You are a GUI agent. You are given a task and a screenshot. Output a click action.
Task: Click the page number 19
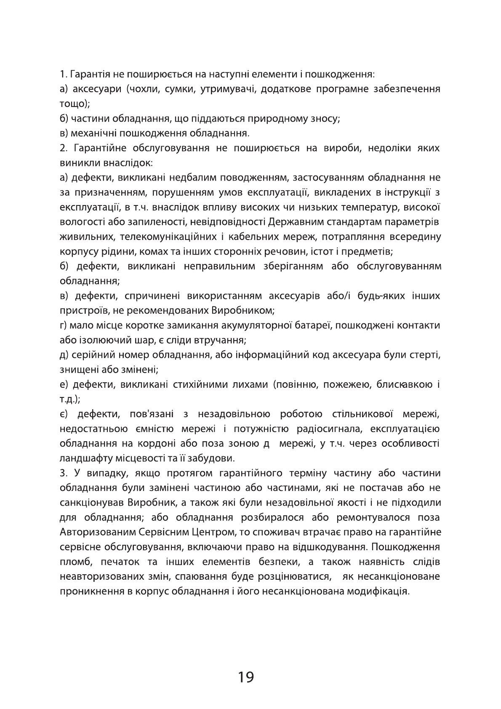tap(246, 677)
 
